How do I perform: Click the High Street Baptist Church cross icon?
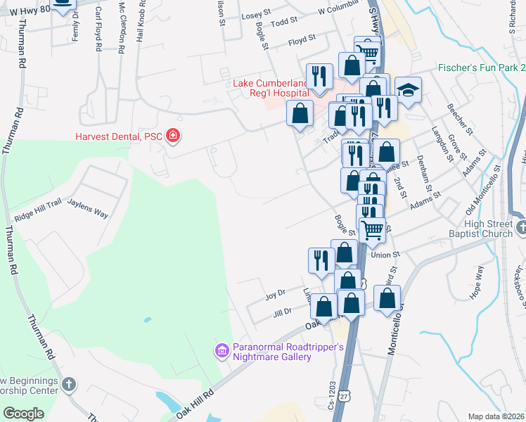click(521, 227)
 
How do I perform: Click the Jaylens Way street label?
click(88, 209)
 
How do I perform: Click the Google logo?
click(24, 414)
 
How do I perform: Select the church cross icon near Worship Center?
click(68, 384)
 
